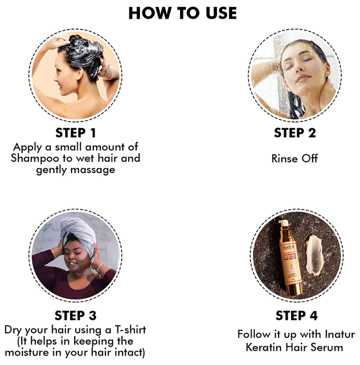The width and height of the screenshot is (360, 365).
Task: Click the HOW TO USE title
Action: (183, 13)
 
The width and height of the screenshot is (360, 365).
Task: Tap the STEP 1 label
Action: (76, 133)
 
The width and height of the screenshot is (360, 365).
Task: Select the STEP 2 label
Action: (295, 133)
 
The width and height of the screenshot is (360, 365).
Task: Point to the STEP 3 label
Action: (76, 315)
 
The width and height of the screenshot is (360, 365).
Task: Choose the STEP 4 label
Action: (296, 315)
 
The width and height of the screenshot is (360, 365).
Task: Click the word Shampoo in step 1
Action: (35, 159)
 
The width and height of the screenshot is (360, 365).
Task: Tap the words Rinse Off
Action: (295, 159)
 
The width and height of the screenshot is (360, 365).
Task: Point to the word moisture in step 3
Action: (27, 352)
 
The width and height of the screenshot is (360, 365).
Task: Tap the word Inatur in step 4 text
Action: (340, 334)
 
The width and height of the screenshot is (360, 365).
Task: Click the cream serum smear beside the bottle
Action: (314, 255)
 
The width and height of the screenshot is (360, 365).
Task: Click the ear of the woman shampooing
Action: (80, 74)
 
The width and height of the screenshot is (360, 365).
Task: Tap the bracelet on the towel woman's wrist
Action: (100, 267)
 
